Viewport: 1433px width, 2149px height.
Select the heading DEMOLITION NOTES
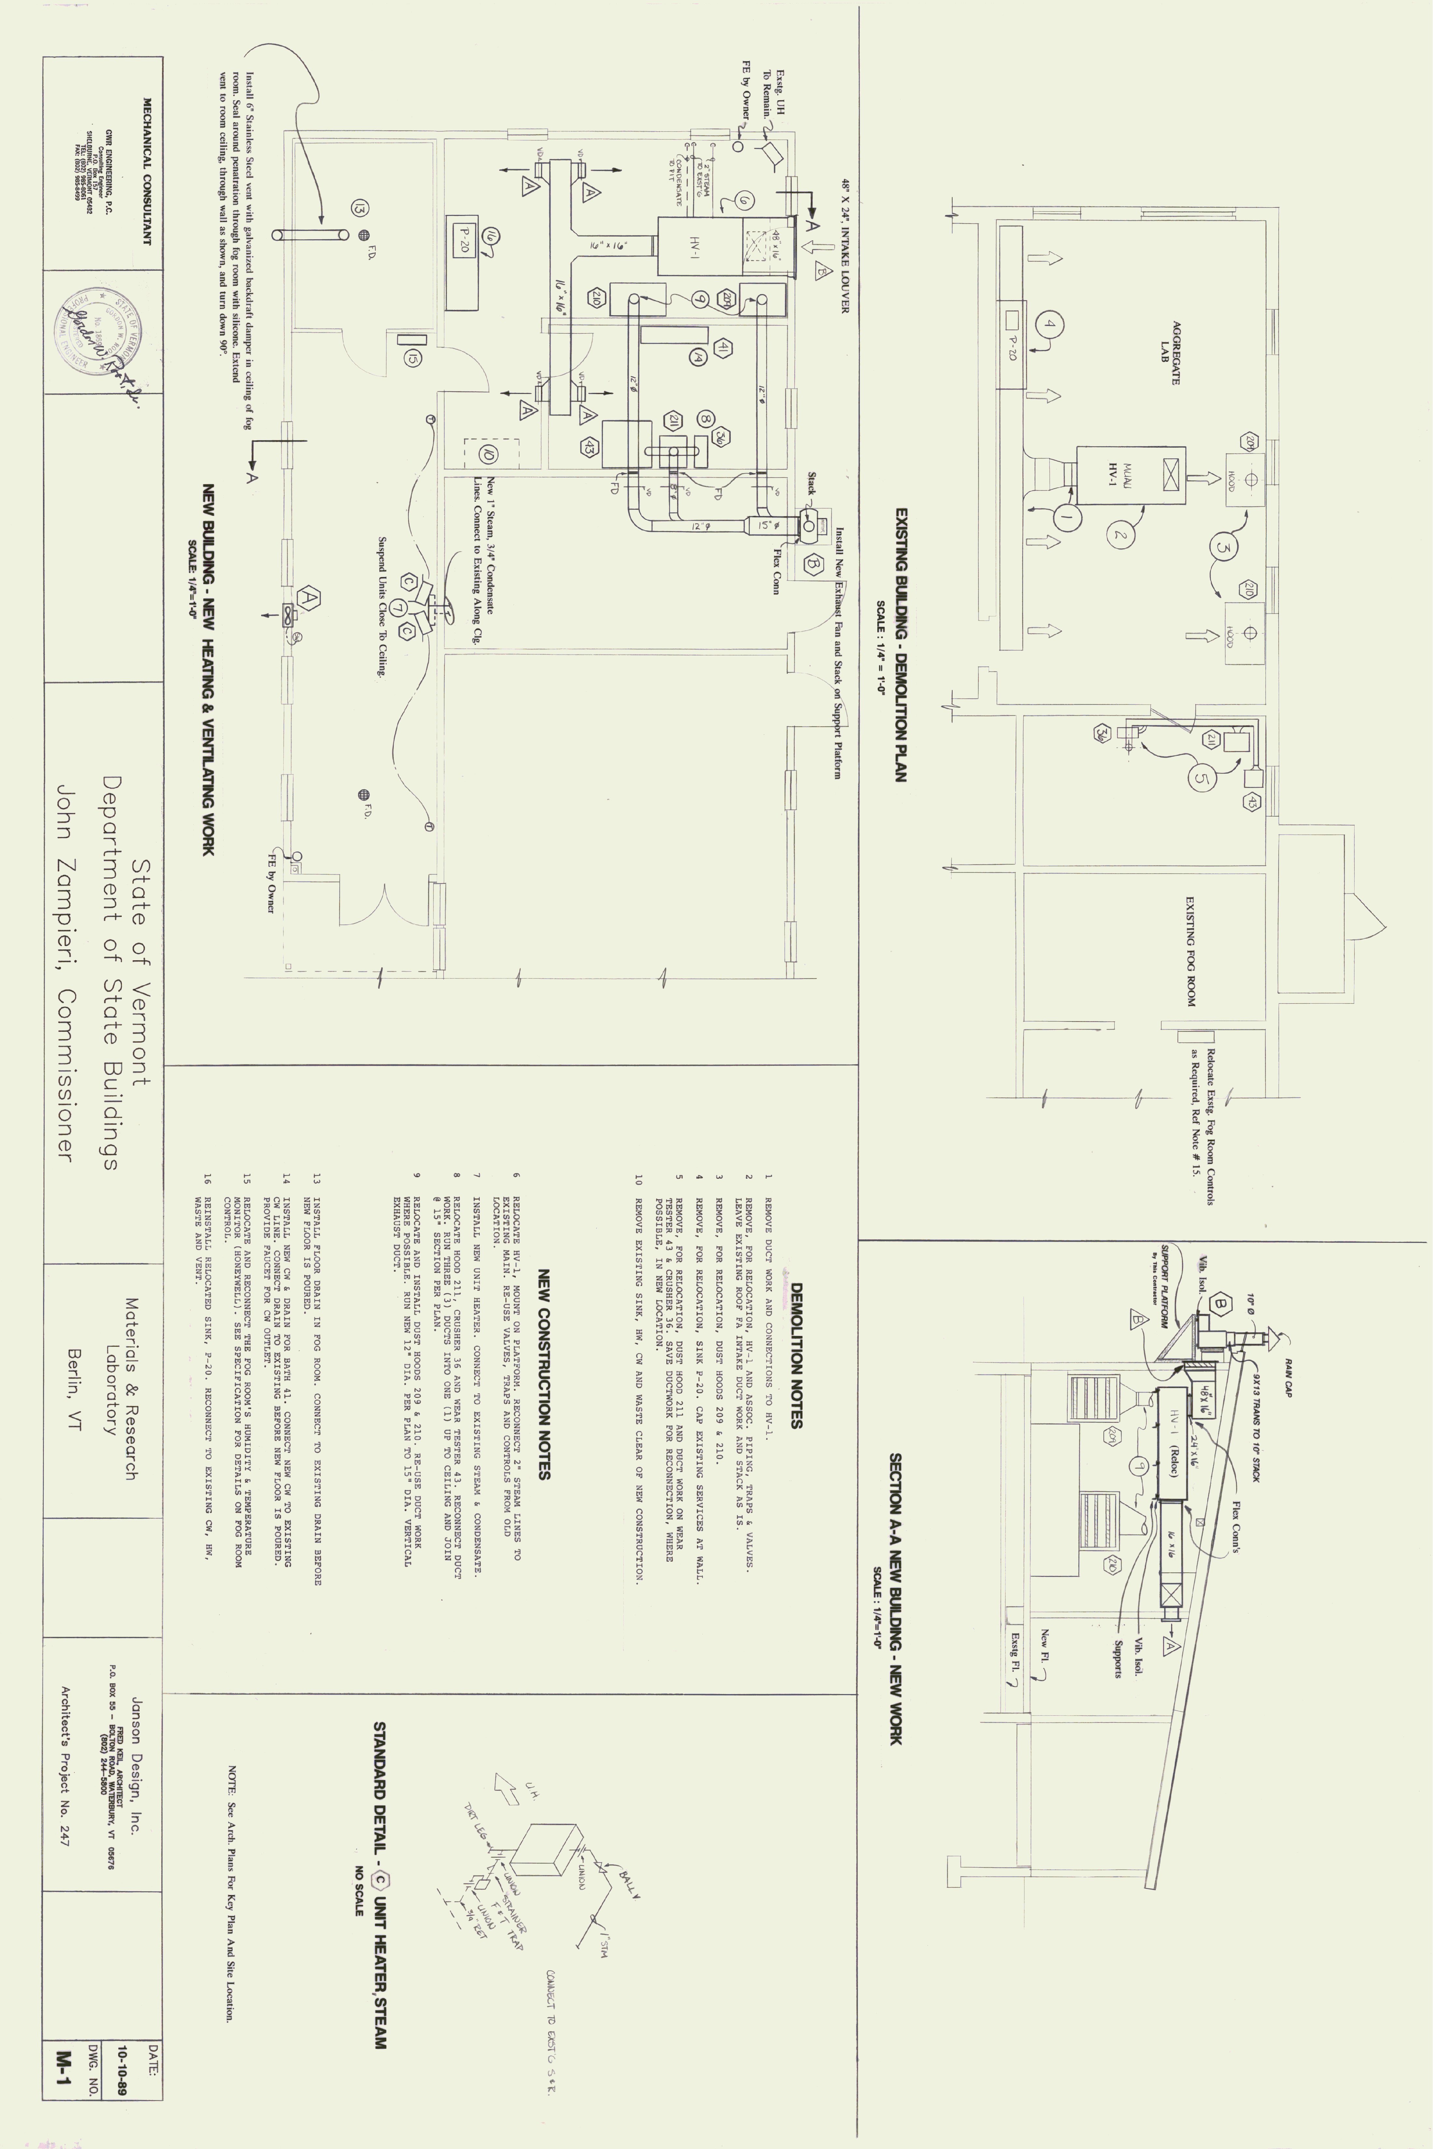[x=796, y=1354]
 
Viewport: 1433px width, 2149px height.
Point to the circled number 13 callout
[x=359, y=207]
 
